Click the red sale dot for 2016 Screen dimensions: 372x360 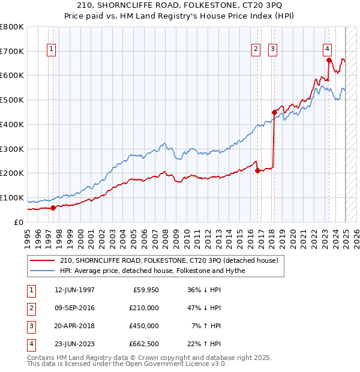coord(257,170)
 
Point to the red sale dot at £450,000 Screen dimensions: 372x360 coord(274,112)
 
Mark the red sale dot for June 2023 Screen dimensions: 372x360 coord(329,59)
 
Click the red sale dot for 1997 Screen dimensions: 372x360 coord(53,208)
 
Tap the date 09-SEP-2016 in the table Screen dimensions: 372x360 coord(74,307)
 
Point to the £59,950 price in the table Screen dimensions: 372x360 coord(145,289)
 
